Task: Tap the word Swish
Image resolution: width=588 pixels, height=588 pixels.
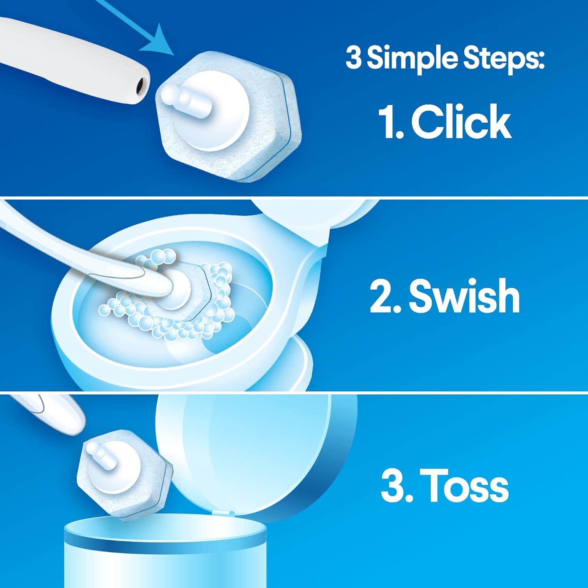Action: [x=464, y=296]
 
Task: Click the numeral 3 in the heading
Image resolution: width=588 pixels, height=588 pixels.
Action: [x=354, y=58]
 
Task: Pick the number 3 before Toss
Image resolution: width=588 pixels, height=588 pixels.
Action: [x=393, y=486]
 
